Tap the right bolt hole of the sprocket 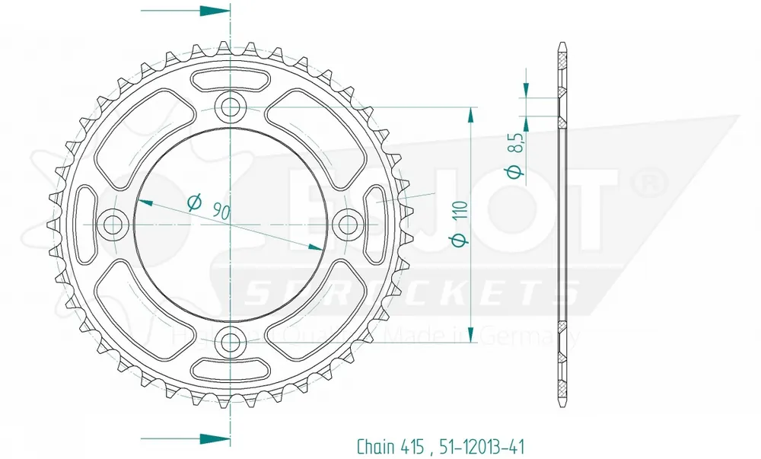coord(348,224)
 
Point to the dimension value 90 coord(221,211)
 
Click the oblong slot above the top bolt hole coord(231,79)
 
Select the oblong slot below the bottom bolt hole coord(231,368)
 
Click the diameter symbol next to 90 coord(193,202)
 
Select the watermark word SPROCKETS coord(411,292)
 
